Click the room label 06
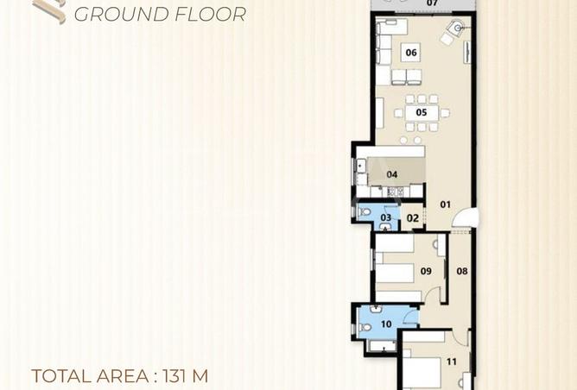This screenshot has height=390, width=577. [411, 53]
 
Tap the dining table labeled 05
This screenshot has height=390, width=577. [422, 112]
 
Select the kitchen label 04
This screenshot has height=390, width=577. [392, 174]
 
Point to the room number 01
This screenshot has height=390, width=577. [445, 204]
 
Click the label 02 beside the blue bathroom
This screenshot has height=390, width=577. [413, 218]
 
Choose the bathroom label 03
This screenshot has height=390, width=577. [385, 217]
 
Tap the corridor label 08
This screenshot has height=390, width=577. [462, 271]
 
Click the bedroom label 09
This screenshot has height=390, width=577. [426, 271]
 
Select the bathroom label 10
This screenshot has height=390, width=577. [386, 324]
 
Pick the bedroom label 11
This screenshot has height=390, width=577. [452, 362]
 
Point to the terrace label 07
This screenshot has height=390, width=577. [433, 3]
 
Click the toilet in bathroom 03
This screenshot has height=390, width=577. [365, 212]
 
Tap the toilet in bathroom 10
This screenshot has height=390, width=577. [365, 327]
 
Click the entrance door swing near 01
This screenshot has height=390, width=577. [466, 217]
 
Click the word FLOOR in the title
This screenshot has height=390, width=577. [211, 15]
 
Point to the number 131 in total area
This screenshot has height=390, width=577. [172, 376]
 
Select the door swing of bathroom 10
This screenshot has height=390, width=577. [411, 316]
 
